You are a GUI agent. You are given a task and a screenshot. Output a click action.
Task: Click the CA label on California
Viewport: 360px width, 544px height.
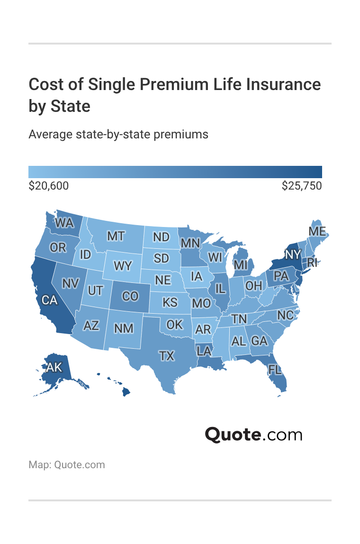tap(50, 299)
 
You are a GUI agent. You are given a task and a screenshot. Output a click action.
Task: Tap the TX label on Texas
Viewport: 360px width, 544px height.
tap(167, 355)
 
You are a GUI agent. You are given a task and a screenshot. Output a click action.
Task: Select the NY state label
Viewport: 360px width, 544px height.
tap(293, 254)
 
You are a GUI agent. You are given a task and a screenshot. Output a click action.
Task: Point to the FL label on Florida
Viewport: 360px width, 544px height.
tap(275, 369)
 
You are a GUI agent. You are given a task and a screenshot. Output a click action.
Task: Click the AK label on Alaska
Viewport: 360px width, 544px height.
tap(54, 366)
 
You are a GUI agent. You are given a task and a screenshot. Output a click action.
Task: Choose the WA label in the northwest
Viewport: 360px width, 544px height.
tap(64, 222)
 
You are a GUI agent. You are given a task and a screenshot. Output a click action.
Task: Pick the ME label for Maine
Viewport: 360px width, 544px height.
tap(317, 231)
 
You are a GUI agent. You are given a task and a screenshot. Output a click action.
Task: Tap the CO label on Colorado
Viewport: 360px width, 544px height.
tap(130, 296)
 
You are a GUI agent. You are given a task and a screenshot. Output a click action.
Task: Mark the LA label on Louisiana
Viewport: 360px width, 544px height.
tap(204, 351)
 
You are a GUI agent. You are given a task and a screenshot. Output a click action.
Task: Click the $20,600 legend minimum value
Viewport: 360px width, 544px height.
tap(49, 186)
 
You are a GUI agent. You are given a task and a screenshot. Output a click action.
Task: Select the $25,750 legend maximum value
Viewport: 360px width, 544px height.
tap(302, 186)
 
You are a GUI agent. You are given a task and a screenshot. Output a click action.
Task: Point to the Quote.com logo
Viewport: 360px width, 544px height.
tap(253, 434)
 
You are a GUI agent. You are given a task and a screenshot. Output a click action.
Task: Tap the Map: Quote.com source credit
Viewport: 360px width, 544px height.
tap(67, 464)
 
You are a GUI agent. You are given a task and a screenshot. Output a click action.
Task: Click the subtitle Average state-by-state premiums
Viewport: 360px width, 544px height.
tap(118, 135)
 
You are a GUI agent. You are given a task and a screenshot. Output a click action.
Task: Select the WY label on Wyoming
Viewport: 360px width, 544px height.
tap(123, 266)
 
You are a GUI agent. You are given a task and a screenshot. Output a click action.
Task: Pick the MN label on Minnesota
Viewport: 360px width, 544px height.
tap(190, 243)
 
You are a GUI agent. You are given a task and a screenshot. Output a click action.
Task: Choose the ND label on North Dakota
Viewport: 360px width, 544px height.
tap(162, 237)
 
